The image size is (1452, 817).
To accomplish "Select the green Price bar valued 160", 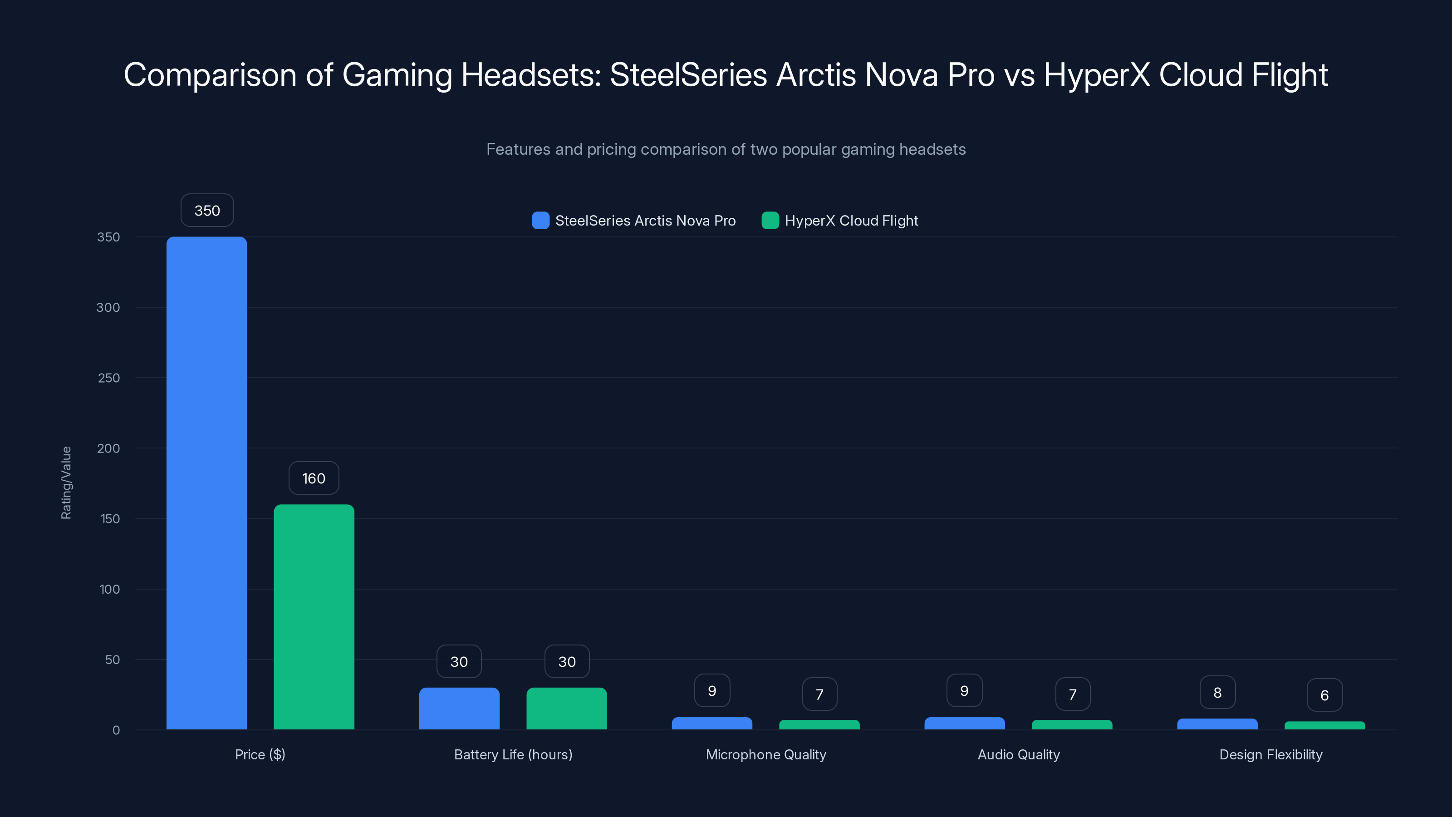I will [314, 617].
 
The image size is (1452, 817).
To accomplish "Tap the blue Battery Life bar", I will [459, 708].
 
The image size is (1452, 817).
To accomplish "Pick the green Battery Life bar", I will [566, 708].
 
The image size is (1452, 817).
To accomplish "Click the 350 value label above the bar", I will [207, 210].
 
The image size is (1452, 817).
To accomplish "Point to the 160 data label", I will [314, 478].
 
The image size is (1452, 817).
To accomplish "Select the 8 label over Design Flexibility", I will [1217, 692].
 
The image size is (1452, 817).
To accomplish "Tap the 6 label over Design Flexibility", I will [1324, 695].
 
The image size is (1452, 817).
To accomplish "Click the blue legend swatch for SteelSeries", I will [540, 221].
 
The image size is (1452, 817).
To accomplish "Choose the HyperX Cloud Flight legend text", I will [851, 221].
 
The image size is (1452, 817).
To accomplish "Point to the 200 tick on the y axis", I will [108, 448].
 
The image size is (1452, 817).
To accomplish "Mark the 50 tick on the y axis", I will [112, 660].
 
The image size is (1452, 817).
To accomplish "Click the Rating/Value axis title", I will [66, 482].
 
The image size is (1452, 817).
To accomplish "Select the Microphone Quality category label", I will [765, 754].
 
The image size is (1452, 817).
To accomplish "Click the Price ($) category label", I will [260, 754].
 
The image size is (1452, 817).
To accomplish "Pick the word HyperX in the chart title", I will [1096, 75].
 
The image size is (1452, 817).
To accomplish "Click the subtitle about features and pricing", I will [726, 149].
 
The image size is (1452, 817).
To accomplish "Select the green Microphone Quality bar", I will [819, 724].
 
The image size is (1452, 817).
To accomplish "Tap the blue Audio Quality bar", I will [964, 723].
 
